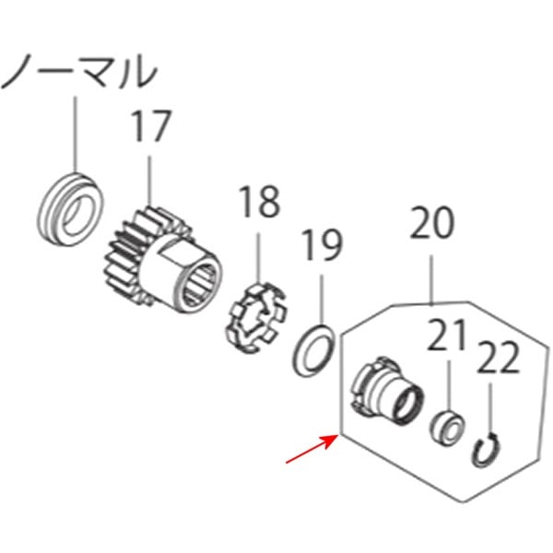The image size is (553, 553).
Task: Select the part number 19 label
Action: click(x=322, y=246)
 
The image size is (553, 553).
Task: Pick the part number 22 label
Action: click(x=500, y=357)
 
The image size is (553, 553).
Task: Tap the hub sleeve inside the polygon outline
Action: click(x=387, y=393)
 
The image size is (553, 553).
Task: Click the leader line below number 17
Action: click(x=148, y=184)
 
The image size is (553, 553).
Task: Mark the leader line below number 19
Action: click(x=322, y=295)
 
